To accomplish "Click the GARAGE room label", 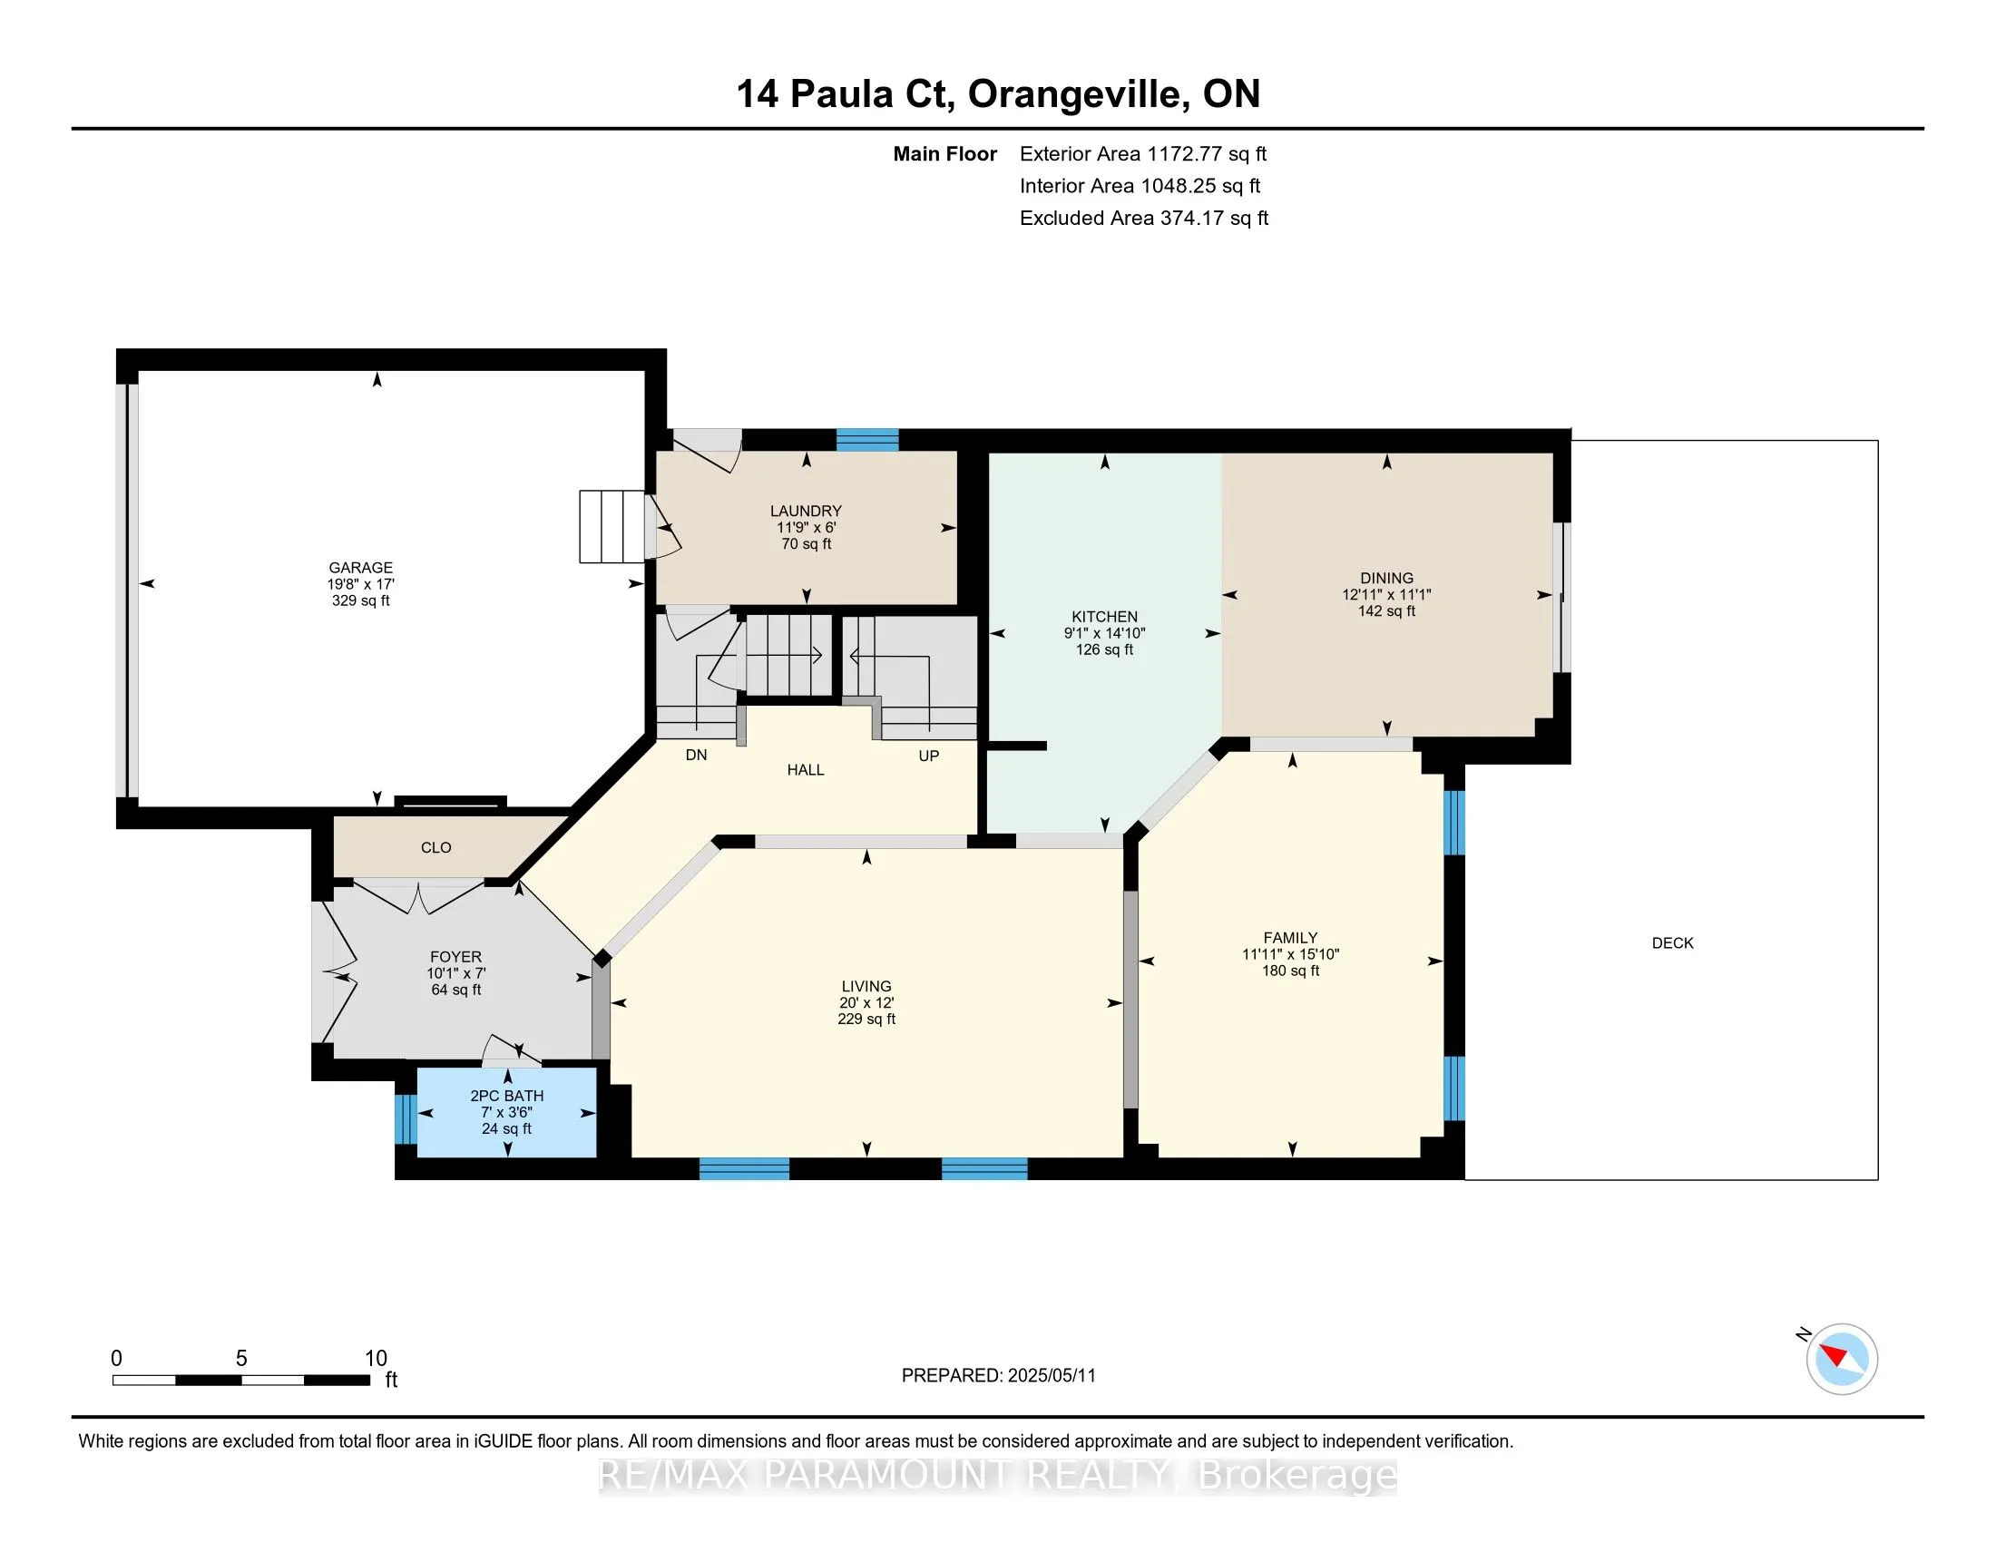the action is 361,567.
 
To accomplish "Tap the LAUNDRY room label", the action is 805,511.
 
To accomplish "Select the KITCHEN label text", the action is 1104,617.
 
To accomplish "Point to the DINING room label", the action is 1386,577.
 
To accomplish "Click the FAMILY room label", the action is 1290,937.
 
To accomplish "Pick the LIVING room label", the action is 866,986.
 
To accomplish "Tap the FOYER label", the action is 456,956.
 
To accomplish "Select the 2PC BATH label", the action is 507,1096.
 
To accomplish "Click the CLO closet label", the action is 435,847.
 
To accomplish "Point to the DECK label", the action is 1672,942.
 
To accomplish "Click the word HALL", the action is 805,770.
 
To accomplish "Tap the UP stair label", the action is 928,756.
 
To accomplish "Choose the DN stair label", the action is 697,755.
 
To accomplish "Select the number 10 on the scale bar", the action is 376,1358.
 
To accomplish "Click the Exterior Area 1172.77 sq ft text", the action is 1143,153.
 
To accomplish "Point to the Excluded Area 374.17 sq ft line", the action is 1144,218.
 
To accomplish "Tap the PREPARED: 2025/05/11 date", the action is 998,1375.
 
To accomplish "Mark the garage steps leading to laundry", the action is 612,526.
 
